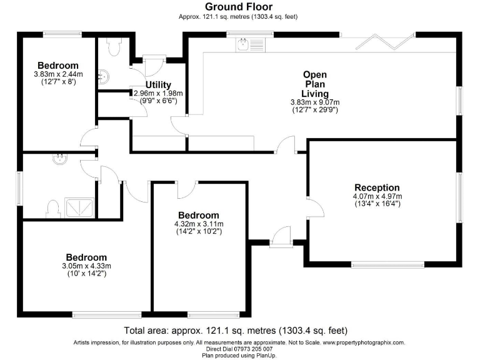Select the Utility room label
158,85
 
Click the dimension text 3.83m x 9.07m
314,102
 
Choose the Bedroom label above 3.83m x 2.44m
57,66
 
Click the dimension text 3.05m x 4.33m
87,266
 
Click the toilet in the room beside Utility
114,46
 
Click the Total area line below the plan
236,331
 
